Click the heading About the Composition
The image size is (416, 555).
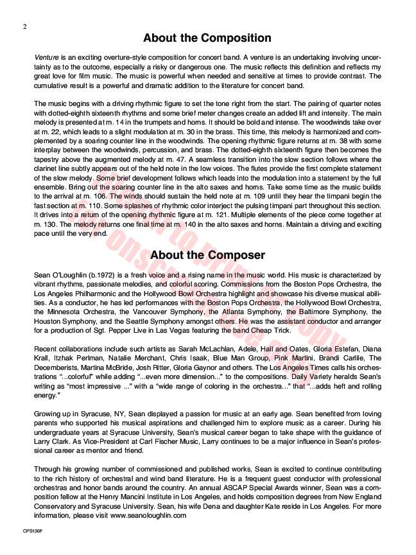tap(207, 38)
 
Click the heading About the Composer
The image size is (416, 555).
tap(207, 255)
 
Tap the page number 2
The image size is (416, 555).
tap(24, 26)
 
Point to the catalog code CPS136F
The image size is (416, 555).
tap(31, 531)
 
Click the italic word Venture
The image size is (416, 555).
tap(46, 57)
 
